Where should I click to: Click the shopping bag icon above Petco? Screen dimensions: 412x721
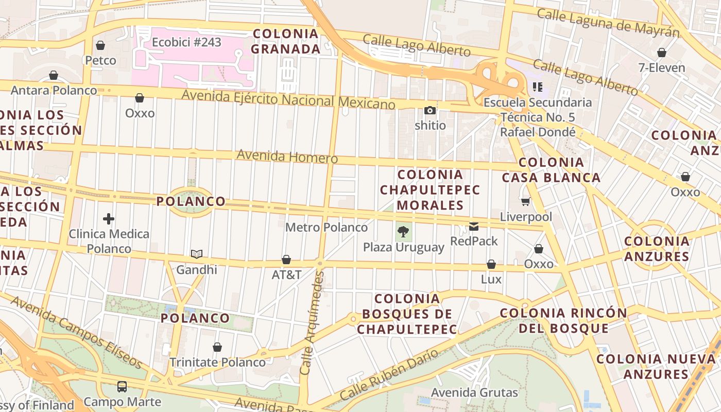coord(100,45)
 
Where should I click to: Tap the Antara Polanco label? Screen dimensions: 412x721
coord(54,90)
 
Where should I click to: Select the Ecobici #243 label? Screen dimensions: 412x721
coord(186,42)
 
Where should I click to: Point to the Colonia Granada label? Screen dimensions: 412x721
coord(286,41)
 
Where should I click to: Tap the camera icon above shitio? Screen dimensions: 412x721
coord(430,110)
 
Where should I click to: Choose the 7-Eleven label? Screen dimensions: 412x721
coord(662,67)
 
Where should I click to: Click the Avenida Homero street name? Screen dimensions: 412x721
coord(287,156)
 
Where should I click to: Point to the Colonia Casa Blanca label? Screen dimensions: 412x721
coord(551,170)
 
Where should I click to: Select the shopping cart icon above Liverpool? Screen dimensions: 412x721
coord(525,201)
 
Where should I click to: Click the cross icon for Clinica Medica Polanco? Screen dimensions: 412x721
coord(109,219)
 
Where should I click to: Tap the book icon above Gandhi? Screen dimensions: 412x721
coord(196,254)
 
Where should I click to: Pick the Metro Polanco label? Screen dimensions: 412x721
coord(327,227)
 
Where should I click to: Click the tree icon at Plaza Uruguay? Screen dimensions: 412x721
coord(404,232)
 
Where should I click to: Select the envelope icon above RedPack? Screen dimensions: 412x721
coord(474,226)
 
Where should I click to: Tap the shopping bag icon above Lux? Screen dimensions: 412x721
coord(491,264)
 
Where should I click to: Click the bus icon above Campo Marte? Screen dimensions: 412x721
coord(122,386)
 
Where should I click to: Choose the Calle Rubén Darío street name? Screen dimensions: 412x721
coord(389,376)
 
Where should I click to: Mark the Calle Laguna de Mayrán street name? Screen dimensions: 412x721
coord(608,23)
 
